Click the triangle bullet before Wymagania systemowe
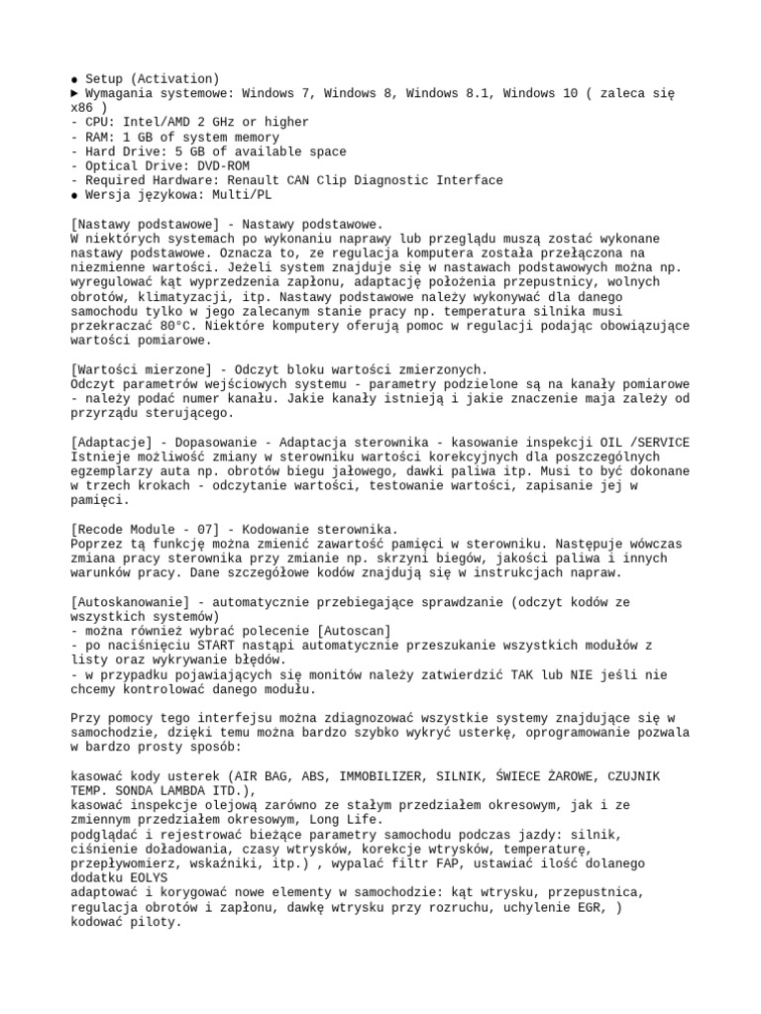[x=76, y=93]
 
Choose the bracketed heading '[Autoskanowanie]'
[x=135, y=601]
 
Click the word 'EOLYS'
[x=146, y=877]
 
